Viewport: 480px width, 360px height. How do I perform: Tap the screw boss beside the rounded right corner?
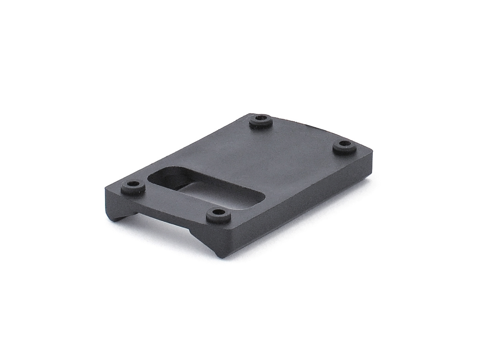pyautogui.click(x=344, y=148)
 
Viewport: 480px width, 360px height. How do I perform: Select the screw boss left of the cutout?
pyautogui.click(x=133, y=187)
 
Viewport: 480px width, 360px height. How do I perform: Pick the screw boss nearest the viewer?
pyautogui.click(x=219, y=216)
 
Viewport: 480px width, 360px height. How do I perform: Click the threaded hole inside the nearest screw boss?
pyautogui.click(x=219, y=214)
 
